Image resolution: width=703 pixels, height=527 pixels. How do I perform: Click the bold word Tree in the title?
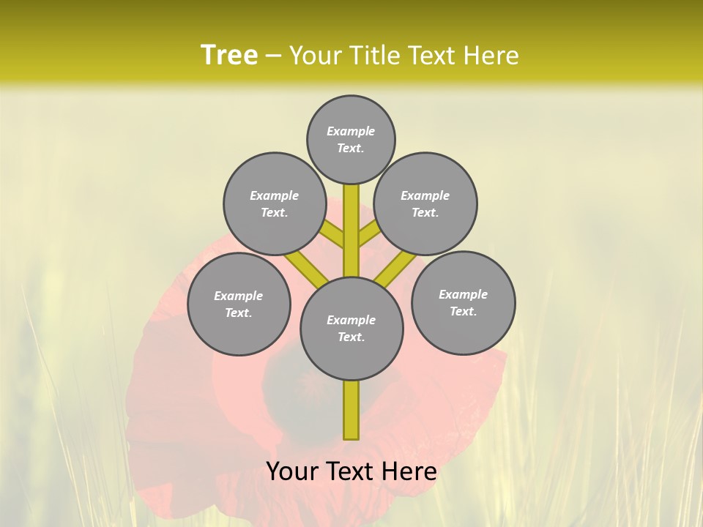tap(229, 55)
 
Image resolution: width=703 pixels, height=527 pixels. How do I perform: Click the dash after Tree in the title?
tap(274, 56)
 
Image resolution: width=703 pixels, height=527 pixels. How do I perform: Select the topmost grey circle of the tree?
tap(351, 139)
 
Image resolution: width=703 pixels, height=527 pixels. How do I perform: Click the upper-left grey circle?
tap(275, 203)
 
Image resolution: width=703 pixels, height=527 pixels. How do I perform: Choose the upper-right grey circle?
tap(425, 203)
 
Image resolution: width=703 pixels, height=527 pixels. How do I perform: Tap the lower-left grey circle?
tap(239, 304)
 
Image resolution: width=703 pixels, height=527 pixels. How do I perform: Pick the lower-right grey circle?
tap(464, 302)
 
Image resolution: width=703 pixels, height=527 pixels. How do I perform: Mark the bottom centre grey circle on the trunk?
tap(351, 328)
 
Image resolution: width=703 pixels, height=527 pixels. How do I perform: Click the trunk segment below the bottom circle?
tap(351, 410)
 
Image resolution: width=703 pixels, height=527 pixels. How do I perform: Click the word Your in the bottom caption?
tap(291, 471)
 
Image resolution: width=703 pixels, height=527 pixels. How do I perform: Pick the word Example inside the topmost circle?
tap(351, 131)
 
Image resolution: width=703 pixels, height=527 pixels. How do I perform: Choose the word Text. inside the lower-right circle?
tap(463, 311)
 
